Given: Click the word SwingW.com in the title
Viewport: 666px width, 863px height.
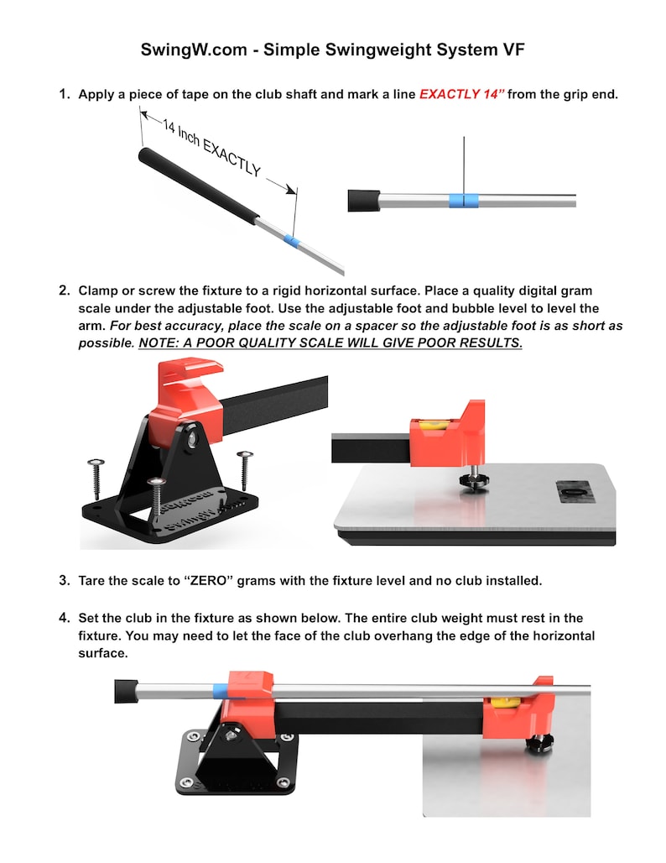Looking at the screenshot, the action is click(194, 50).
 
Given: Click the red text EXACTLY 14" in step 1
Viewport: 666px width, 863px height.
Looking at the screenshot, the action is click(461, 94).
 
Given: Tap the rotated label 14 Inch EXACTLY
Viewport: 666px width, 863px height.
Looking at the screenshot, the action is click(211, 148).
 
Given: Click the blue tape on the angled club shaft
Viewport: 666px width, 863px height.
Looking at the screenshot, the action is click(291, 241).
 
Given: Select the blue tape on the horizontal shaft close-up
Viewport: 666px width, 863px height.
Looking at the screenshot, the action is click(463, 201).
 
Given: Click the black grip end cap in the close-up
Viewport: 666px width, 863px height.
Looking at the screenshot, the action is click(363, 201).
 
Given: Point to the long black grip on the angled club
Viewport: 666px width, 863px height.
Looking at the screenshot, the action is click(198, 186).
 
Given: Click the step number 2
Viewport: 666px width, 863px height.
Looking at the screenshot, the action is click(65, 290).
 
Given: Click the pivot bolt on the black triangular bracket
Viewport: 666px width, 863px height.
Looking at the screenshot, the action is click(192, 438).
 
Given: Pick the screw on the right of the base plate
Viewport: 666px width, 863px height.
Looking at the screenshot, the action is click(244, 470).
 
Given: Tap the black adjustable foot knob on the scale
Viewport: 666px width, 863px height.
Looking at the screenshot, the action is click(474, 479).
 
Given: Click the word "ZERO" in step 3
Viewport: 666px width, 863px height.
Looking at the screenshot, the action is click(208, 581).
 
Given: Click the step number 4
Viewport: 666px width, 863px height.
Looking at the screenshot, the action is click(65, 618).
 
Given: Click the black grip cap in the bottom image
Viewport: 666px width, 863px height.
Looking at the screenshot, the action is click(125, 691).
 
